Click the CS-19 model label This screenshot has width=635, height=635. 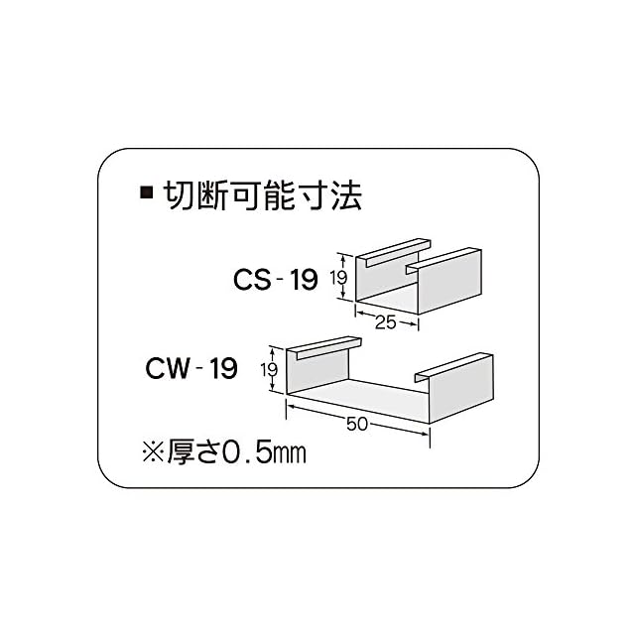point(275,280)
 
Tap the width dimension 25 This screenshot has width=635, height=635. point(385,322)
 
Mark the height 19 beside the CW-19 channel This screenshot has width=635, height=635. point(269,371)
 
